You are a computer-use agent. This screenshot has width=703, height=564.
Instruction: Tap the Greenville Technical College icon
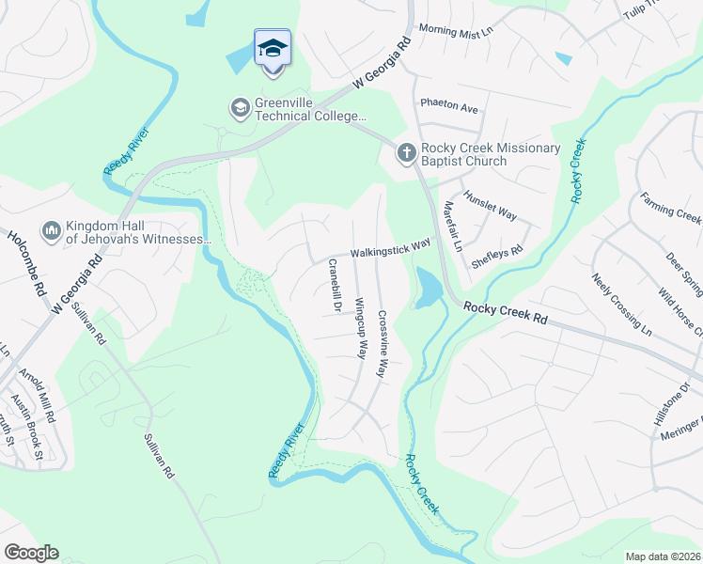click(240, 109)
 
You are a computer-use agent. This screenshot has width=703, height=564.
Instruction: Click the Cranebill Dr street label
click(333, 286)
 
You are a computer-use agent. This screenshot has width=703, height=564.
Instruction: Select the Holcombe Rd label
click(16, 253)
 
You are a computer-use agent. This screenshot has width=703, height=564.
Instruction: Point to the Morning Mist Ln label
click(456, 32)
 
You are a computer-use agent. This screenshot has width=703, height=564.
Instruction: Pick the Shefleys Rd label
click(496, 258)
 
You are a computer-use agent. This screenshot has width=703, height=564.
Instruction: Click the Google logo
click(31, 553)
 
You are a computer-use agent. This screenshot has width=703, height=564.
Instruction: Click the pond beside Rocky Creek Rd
click(426, 287)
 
